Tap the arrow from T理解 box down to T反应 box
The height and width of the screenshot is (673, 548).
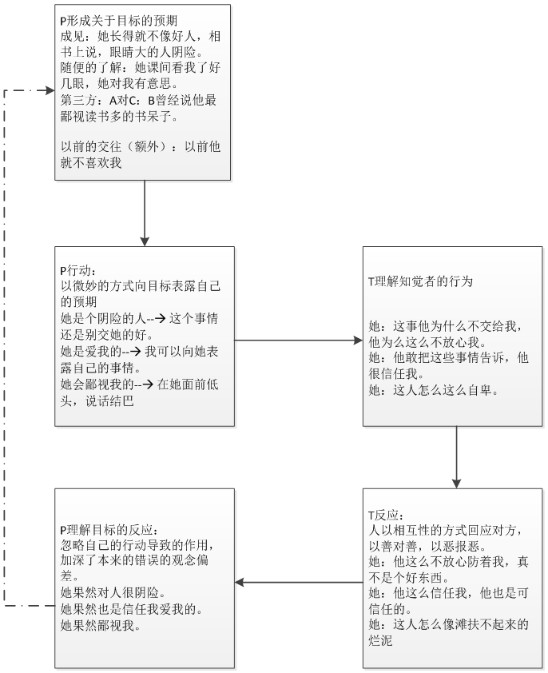[x=456, y=456]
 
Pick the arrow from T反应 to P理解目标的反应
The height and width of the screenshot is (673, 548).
[x=299, y=581]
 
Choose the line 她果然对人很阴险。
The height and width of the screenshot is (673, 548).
[x=111, y=593]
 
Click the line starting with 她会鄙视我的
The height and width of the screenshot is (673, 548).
[x=140, y=384]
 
